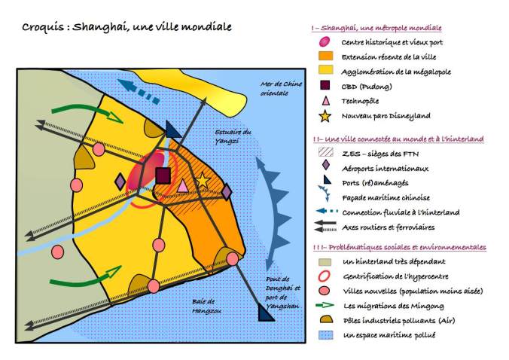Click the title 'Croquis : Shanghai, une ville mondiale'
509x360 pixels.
click(x=126, y=27)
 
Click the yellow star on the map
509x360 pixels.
click(x=202, y=181)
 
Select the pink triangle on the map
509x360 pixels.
click(x=182, y=185)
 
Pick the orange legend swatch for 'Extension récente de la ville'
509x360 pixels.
click(x=325, y=56)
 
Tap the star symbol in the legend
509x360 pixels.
click(x=325, y=115)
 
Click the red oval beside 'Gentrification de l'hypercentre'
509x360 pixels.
click(x=325, y=276)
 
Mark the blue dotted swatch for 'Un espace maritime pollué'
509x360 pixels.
click(x=325, y=334)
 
